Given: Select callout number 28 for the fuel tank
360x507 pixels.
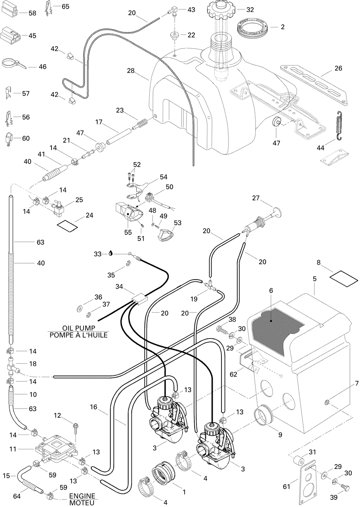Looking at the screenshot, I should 131,71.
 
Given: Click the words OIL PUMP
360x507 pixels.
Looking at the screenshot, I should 78,328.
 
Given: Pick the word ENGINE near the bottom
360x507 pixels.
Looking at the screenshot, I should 82,495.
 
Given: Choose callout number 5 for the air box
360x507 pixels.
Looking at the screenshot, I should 314,279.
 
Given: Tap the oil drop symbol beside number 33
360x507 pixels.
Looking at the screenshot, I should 110,254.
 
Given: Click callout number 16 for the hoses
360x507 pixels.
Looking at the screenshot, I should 93,407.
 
